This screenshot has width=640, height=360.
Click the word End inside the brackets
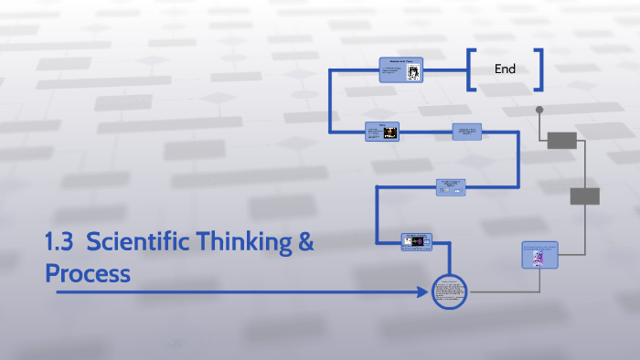(506, 69)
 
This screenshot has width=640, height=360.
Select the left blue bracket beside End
(470, 69)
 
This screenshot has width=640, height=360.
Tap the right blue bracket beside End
(540, 69)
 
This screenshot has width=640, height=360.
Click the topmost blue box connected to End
(400, 70)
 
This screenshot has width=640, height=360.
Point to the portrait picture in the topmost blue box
(413, 72)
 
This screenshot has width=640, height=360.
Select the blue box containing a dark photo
(382, 132)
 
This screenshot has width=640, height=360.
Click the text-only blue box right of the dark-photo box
(466, 132)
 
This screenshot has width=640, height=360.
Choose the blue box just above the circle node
(416, 241)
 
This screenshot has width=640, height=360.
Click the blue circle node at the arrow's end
(449, 292)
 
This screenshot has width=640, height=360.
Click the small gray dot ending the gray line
(539, 110)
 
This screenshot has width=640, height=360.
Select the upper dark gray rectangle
(561, 140)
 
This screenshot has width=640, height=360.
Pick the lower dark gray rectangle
(584, 196)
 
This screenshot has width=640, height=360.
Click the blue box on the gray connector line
(539, 255)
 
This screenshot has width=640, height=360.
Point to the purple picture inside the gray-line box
(538, 258)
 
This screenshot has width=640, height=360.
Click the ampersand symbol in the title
(305, 244)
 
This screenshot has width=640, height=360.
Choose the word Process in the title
(88, 273)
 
